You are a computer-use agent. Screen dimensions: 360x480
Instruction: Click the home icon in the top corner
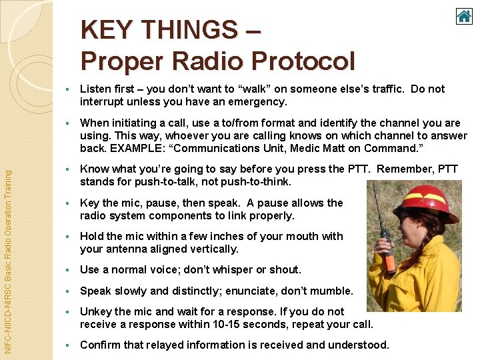(x=464, y=15)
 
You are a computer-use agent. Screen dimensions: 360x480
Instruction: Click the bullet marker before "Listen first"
(x=67, y=89)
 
